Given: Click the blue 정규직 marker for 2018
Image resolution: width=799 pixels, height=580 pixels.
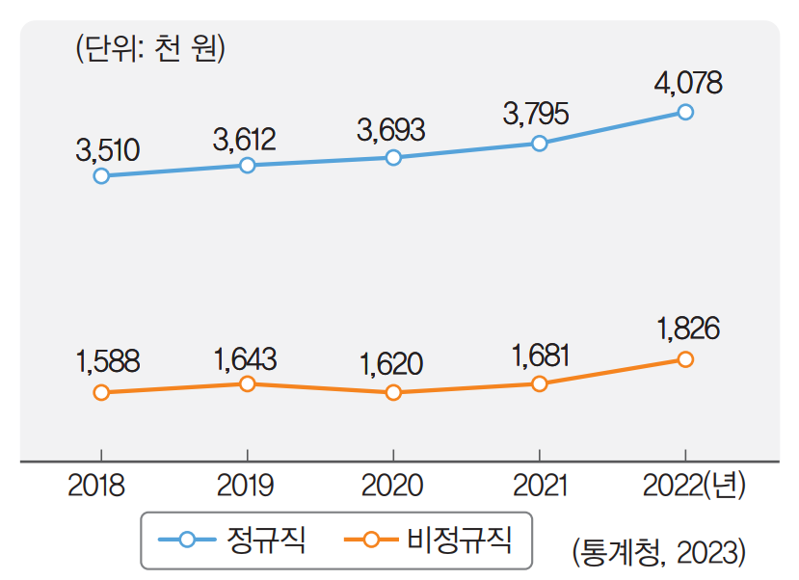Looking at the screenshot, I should coord(101,175).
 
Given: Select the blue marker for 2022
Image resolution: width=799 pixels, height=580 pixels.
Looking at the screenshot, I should coord(685,112).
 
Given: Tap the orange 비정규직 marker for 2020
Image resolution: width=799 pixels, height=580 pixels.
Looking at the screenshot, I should coord(393,393).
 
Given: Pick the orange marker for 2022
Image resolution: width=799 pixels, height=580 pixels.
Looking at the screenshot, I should coord(685,359).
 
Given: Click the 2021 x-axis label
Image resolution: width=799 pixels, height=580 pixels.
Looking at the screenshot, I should coord(539,485).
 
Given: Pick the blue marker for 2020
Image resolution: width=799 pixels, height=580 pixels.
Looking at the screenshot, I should coord(393,157).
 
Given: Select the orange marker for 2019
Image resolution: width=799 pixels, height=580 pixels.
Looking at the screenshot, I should coord(247,384).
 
